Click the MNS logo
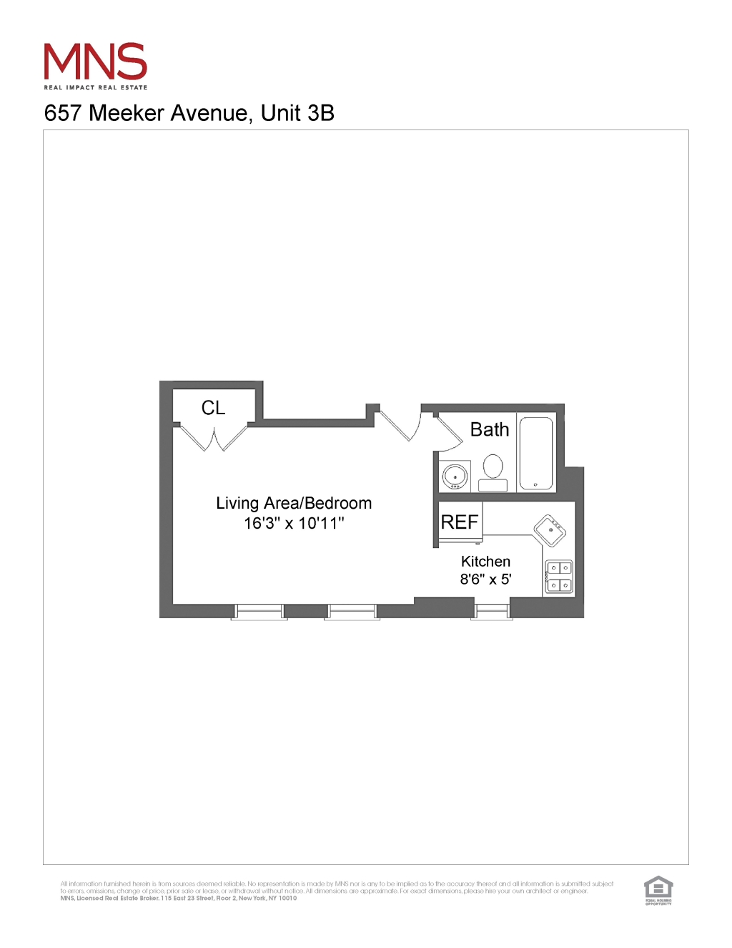click(95, 62)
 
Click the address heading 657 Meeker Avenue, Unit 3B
click(189, 113)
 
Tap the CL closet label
click(213, 408)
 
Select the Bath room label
click(490, 429)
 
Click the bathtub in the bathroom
click(536, 453)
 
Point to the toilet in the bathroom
click(493, 472)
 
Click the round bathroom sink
click(455, 476)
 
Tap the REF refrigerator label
click(459, 522)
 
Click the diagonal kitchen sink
click(550, 530)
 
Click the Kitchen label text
click(485, 562)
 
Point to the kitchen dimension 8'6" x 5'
click(485, 580)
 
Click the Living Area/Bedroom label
click(294, 503)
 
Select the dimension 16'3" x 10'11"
click(294, 523)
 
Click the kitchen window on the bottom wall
click(491, 611)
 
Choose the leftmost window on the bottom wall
click(259, 612)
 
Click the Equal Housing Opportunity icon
click(658, 890)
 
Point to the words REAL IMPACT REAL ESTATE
click(96, 87)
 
